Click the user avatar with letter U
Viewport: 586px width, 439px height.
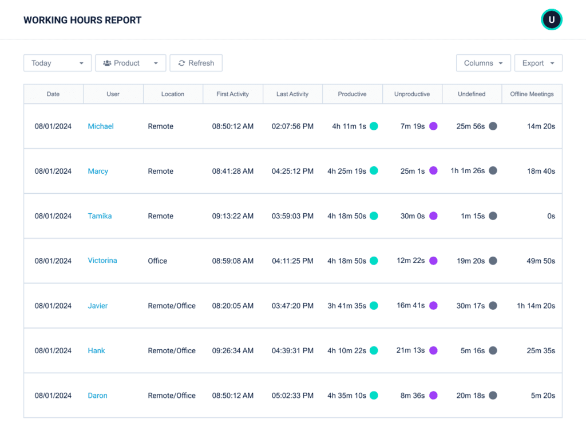pos(552,20)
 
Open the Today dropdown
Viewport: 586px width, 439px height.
pos(57,63)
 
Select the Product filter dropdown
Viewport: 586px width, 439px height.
pos(130,63)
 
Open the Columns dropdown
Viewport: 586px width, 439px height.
pos(483,63)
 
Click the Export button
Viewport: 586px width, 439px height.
pos(538,63)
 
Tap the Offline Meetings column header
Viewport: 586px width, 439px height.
pos(532,94)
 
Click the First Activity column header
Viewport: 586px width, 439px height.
pos(232,94)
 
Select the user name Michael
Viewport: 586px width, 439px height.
pos(101,126)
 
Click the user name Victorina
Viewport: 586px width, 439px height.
pos(102,261)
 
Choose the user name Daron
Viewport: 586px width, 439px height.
pos(97,396)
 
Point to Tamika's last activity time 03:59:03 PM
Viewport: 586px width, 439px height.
pos(292,216)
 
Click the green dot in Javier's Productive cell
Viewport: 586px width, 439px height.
pos(374,306)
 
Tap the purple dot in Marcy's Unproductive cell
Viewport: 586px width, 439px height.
pos(433,171)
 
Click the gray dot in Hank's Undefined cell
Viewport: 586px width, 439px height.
pos(493,350)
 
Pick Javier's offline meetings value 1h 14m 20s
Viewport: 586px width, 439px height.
pos(536,306)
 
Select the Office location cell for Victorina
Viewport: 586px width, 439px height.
pos(157,261)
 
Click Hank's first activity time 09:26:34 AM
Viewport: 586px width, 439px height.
pos(232,351)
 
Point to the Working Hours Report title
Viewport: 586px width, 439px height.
pos(82,21)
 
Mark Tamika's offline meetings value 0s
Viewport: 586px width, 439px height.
pos(551,216)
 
